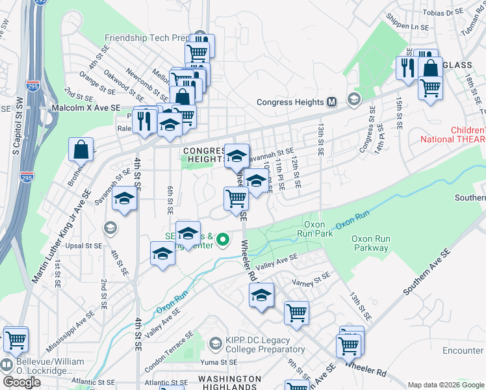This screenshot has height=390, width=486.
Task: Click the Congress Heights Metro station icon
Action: (x=332, y=102)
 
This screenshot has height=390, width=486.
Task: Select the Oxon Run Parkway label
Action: (x=370, y=243)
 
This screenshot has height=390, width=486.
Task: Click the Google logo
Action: (x=21, y=382)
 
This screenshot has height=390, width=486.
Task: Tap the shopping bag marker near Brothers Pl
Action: (x=82, y=149)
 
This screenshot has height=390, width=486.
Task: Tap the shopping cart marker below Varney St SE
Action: (x=296, y=313)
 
